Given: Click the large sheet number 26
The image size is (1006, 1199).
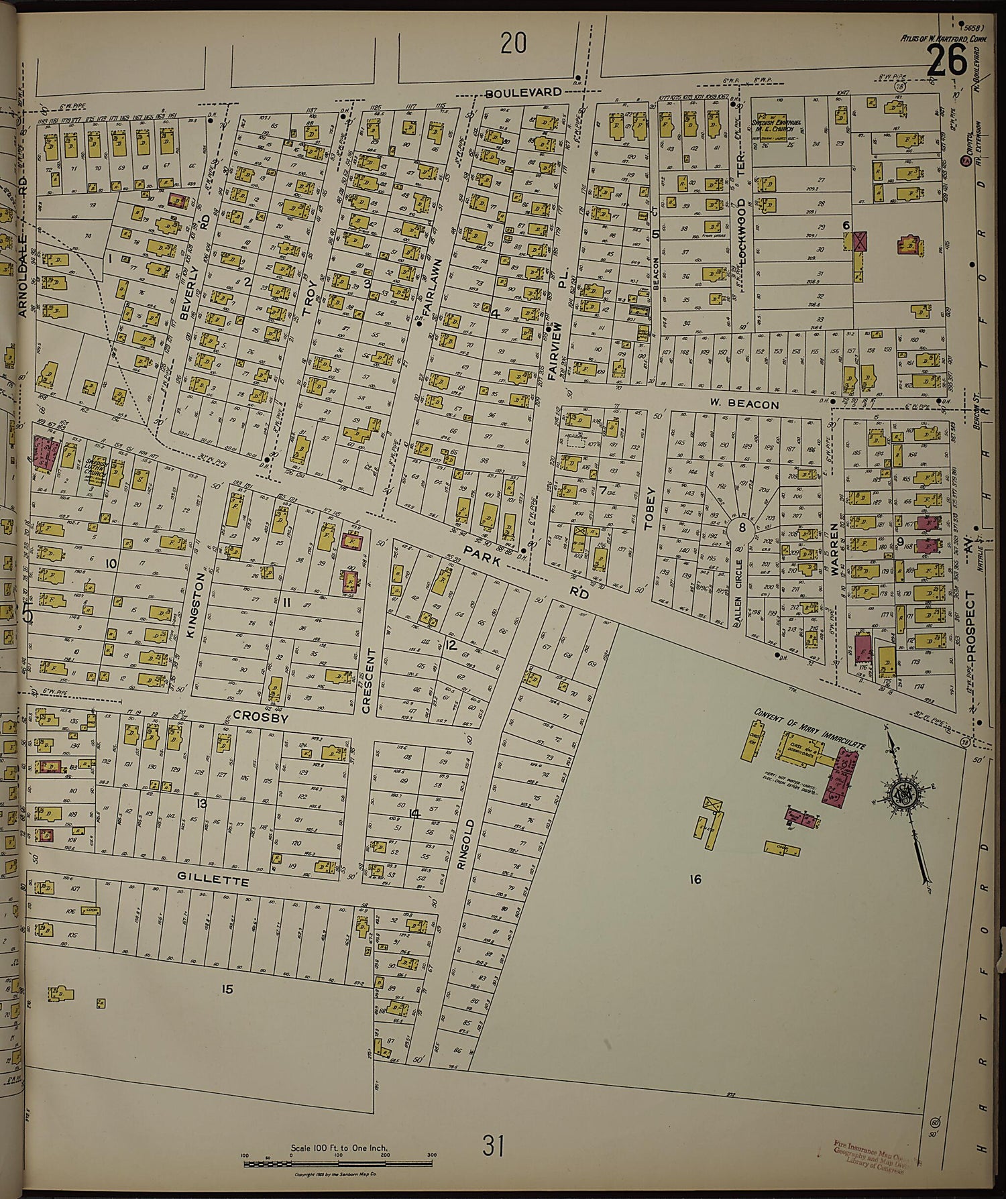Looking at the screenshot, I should click(x=947, y=61).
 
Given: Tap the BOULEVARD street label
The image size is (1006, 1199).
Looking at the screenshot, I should click(x=524, y=93).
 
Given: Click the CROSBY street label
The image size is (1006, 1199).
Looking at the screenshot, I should click(x=260, y=717).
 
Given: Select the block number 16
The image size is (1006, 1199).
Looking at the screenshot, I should click(x=695, y=879).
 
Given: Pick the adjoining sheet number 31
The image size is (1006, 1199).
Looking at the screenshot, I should click(x=492, y=1146).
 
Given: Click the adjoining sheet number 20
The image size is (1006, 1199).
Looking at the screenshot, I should click(x=513, y=44).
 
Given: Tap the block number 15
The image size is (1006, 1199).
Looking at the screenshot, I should click(x=227, y=988).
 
